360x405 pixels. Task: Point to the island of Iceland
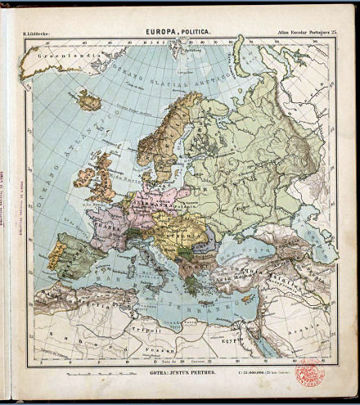point(88,101)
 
